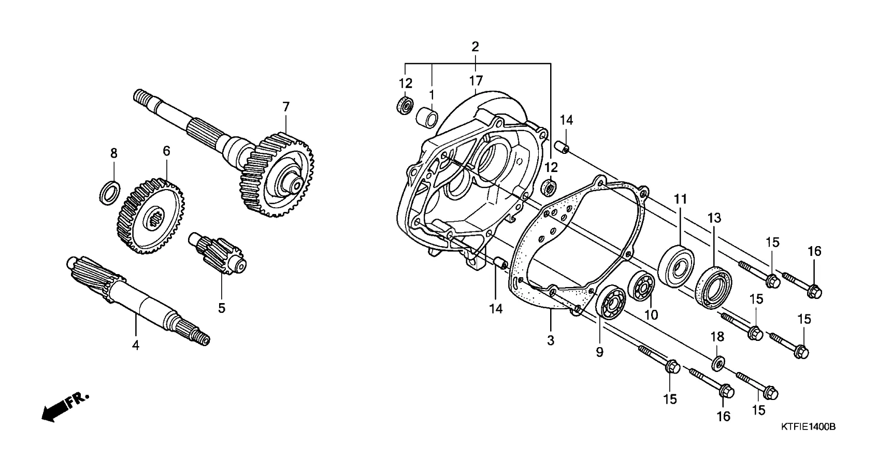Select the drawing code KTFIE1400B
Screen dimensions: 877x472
coord(808,426)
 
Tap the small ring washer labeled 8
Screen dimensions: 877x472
coord(110,192)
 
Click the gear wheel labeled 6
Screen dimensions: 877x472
coord(151,216)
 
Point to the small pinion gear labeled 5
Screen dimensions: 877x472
coord(217,253)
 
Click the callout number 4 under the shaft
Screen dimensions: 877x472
coord(136,345)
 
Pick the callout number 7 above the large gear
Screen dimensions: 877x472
coord(286,107)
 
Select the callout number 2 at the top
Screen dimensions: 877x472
coord(475,47)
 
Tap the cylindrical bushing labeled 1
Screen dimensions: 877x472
coord(427,117)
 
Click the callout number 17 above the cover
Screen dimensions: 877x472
coord(476,81)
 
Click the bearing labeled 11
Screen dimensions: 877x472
coord(676,266)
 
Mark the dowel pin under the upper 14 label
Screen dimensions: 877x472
coord(564,148)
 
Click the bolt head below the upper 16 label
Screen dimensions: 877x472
coord(814,291)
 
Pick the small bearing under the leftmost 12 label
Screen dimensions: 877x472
coord(405,105)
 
